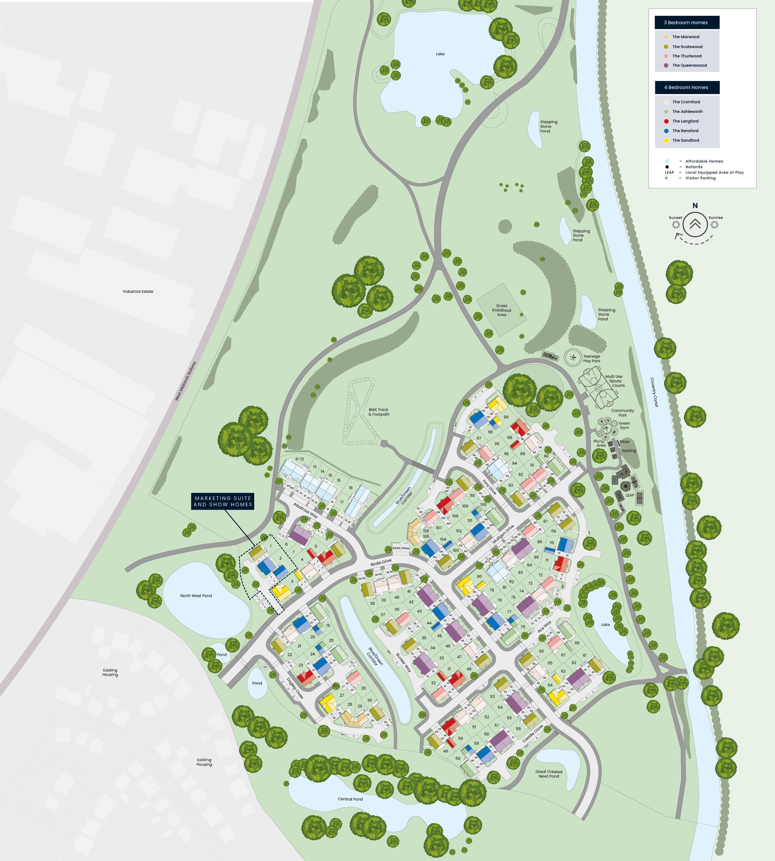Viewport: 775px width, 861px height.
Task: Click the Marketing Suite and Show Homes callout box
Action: click(223, 501)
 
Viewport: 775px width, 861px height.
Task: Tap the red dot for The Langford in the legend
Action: click(666, 121)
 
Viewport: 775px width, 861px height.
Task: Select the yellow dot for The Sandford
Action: click(666, 141)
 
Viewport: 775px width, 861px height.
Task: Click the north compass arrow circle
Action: click(695, 224)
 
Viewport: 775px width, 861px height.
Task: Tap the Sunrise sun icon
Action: click(715, 225)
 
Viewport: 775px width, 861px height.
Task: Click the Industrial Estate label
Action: click(138, 292)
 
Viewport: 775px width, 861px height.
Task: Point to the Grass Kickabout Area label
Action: click(502, 310)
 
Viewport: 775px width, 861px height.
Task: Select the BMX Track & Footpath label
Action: click(379, 412)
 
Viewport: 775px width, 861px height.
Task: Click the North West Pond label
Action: click(196, 596)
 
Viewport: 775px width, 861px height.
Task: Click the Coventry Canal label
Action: click(654, 392)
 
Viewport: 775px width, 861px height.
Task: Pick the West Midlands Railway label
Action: click(186, 381)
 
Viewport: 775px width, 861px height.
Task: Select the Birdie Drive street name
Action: click(381, 563)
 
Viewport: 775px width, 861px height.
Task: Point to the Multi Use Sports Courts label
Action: click(614, 381)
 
